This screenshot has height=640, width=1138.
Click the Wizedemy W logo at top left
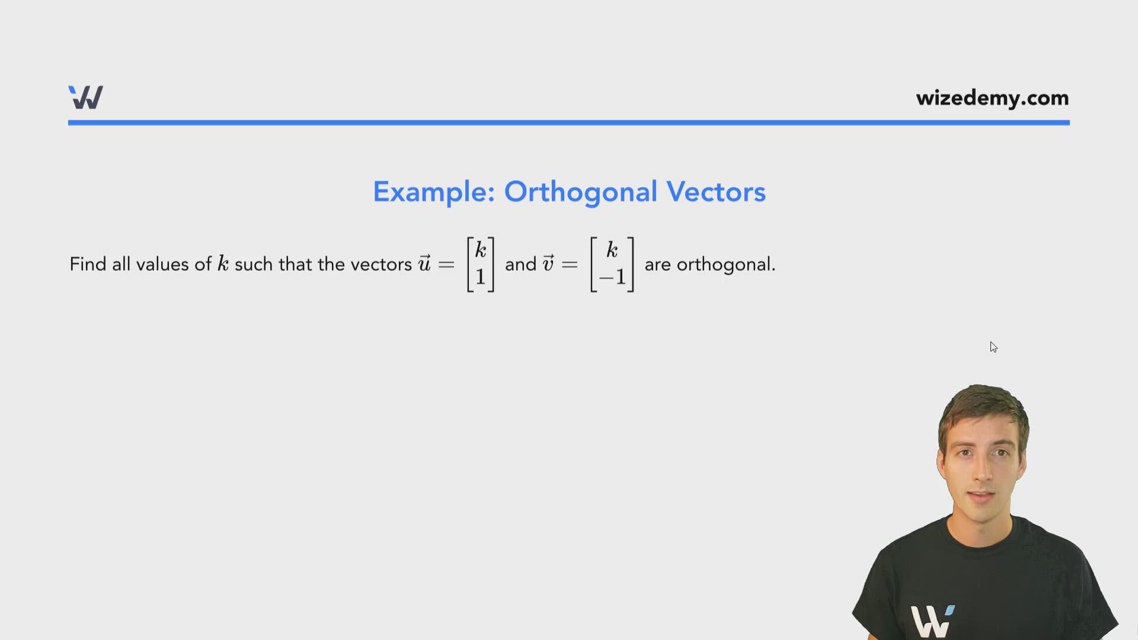[86, 98]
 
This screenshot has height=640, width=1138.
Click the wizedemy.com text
[992, 98]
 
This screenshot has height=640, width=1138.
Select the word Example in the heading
[433, 192]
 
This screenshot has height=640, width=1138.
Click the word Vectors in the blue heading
[715, 192]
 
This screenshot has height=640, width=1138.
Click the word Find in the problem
[88, 264]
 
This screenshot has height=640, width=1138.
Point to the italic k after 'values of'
[223, 264]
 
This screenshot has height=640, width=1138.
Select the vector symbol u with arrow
[424, 263]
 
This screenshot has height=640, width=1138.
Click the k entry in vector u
[481, 249]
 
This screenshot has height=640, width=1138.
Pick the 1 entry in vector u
[481, 277]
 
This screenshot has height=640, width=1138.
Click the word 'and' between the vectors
[520, 264]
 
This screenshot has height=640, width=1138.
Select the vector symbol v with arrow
[548, 263]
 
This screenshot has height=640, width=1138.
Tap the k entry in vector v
[612, 249]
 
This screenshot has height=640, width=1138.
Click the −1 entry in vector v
[612, 277]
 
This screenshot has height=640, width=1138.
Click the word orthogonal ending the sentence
[725, 264]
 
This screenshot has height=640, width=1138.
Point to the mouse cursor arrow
[993, 347]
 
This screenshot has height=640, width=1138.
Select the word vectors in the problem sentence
[381, 264]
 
